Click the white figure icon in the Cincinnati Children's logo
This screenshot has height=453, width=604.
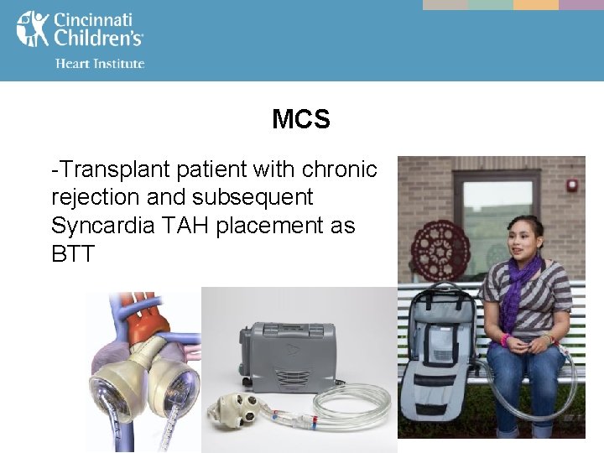click(32, 29)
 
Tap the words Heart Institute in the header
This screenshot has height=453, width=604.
click(100, 64)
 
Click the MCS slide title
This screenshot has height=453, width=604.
click(301, 120)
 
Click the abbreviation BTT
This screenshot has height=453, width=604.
click(74, 253)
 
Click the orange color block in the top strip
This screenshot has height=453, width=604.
click(535, 5)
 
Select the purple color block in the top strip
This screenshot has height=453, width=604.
click(581, 5)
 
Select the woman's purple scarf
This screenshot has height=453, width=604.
click(521, 285)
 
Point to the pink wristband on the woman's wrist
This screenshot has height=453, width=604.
click(506, 340)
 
